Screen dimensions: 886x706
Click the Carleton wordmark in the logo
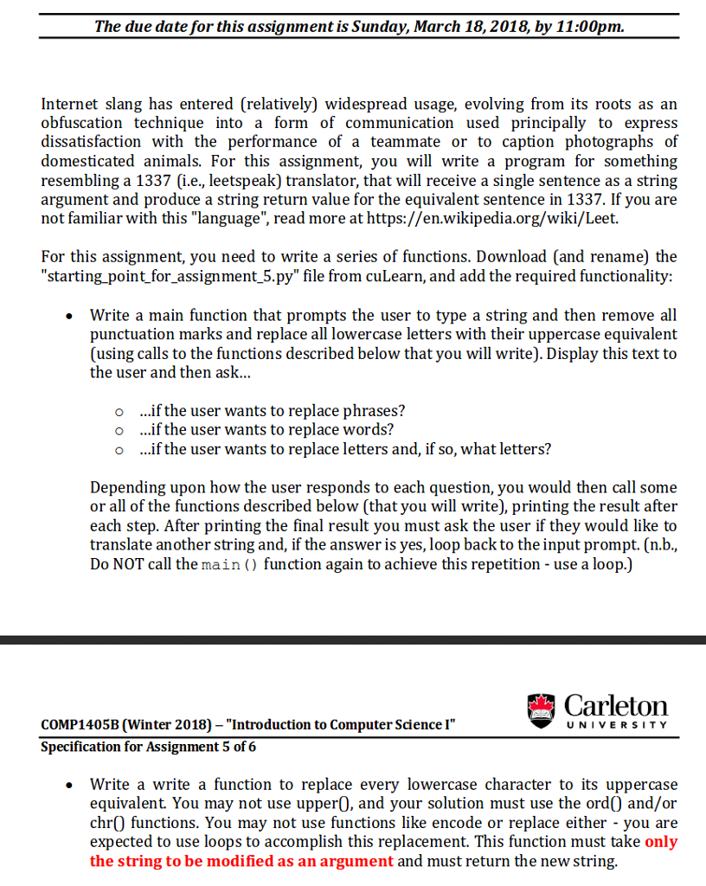[616, 706]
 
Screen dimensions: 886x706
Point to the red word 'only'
[661, 842]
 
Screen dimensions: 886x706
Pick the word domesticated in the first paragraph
[86, 161]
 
